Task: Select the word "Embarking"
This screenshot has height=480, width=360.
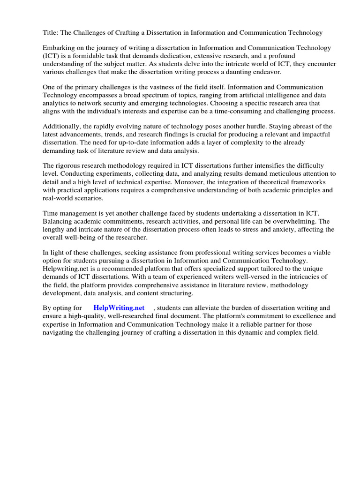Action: point(58,48)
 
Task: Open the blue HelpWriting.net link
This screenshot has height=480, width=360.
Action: point(119,308)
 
